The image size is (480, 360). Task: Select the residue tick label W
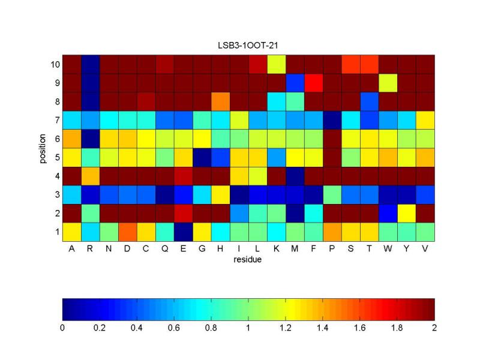[388, 249]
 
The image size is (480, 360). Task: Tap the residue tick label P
[332, 249]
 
